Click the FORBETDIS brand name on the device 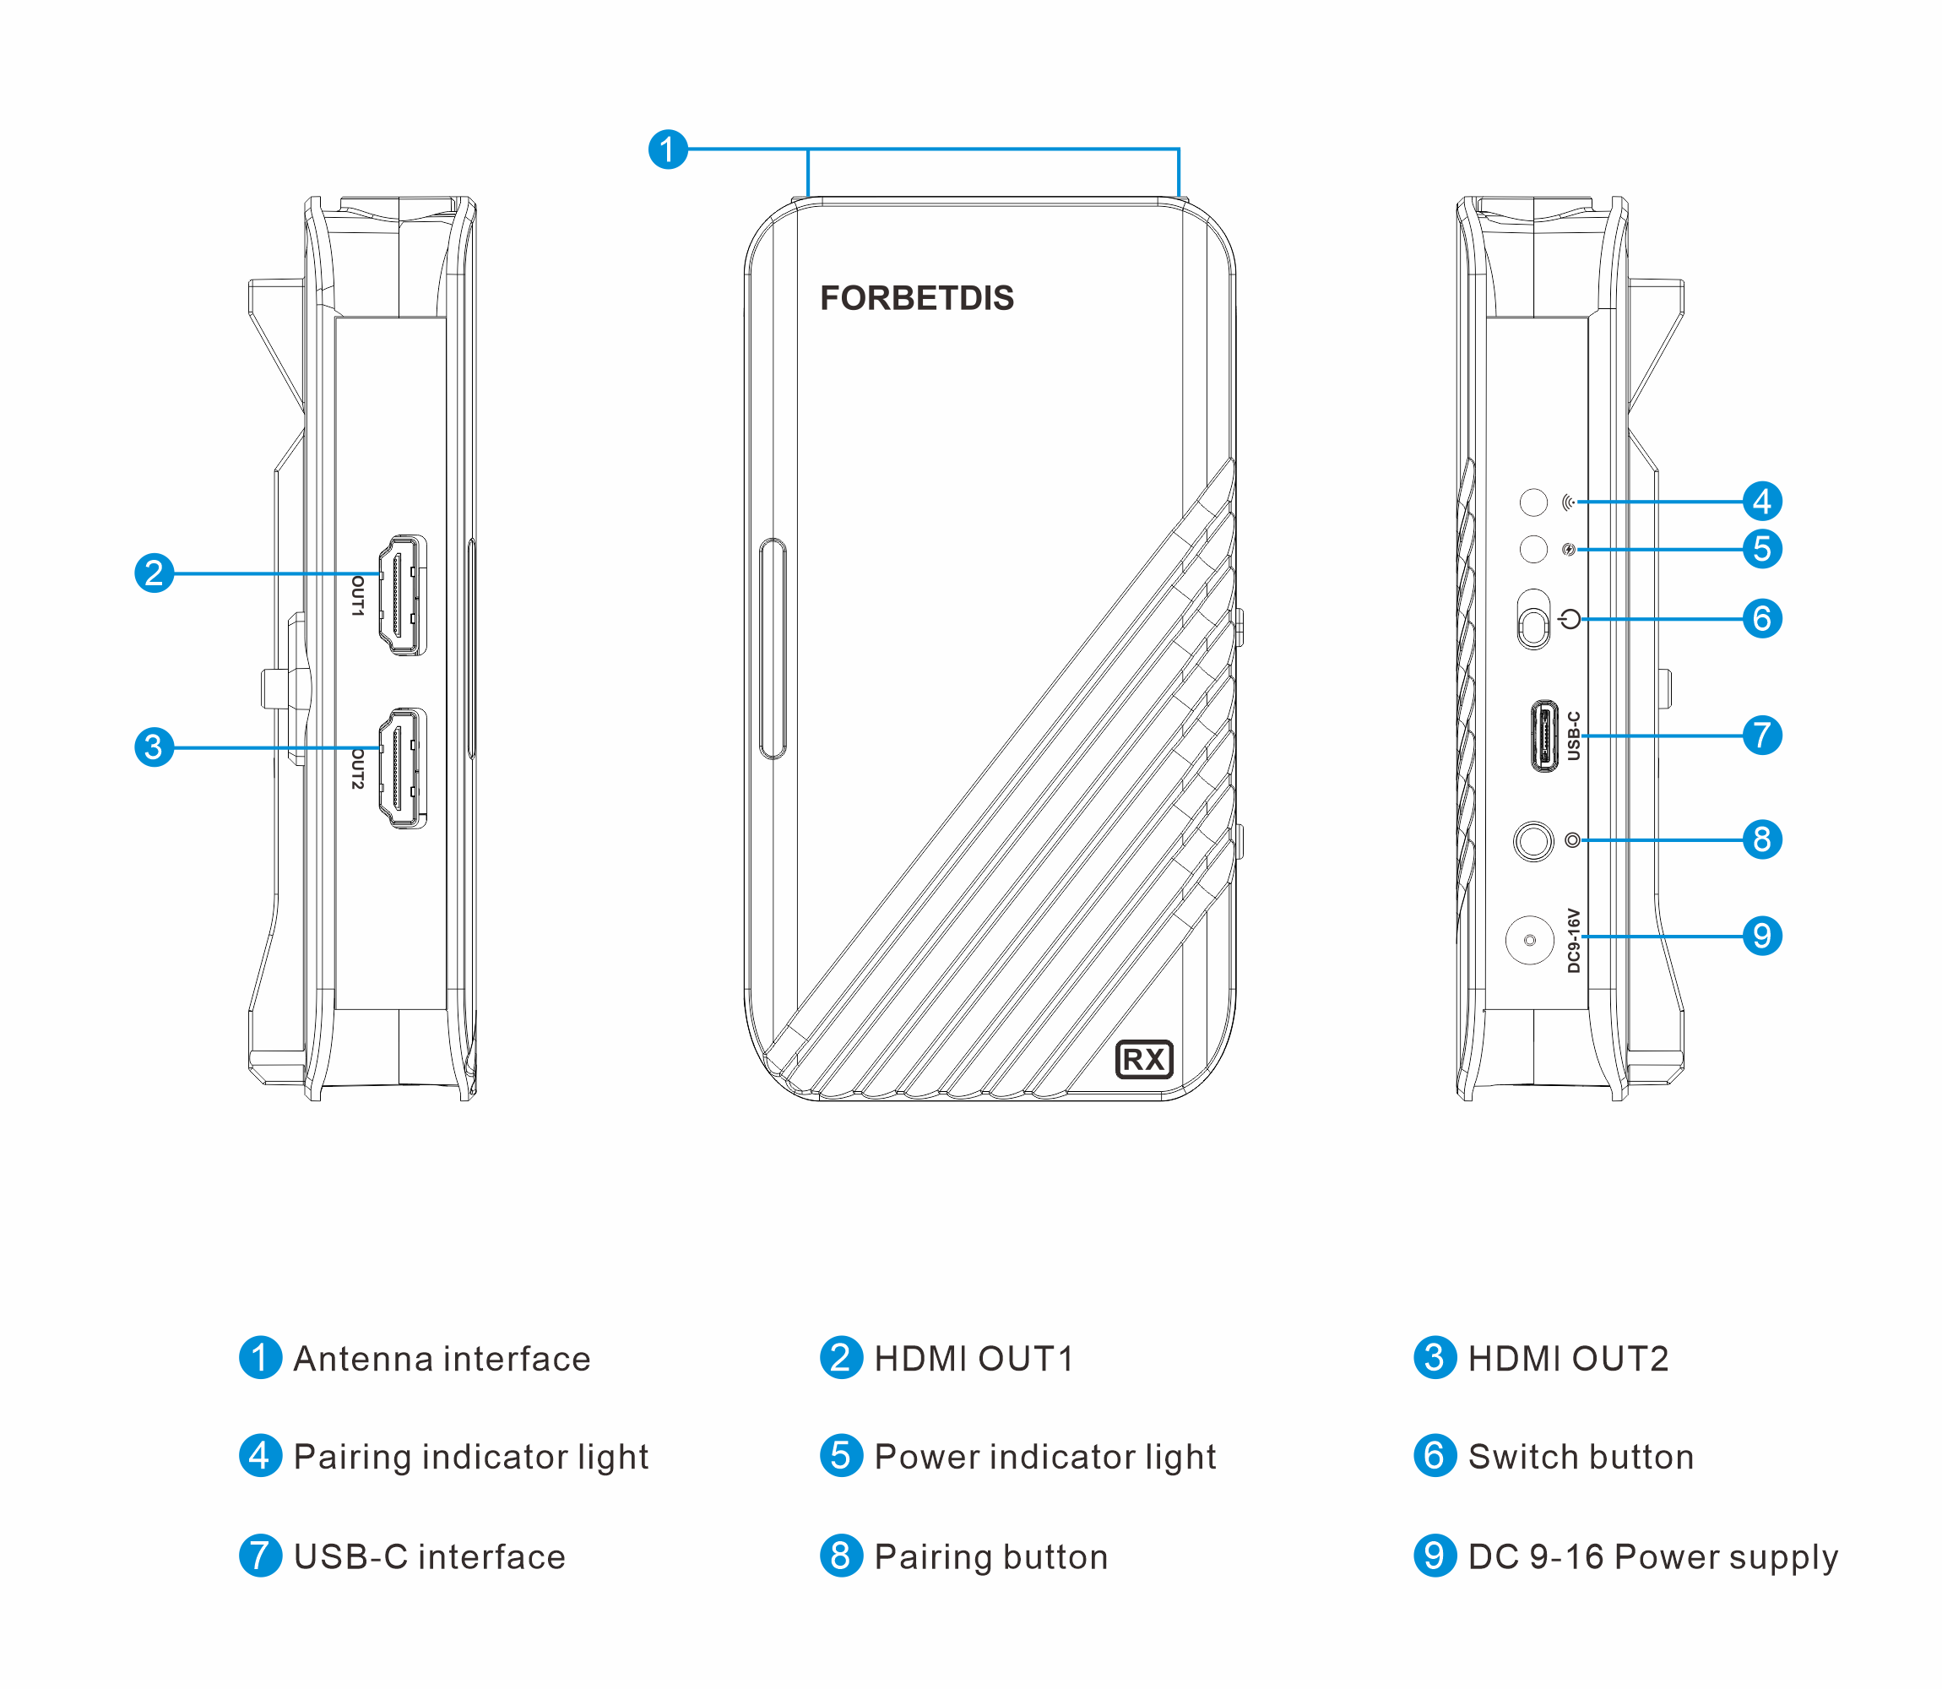(x=916, y=298)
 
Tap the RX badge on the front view (x=1144, y=1059)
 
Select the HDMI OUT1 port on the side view (x=403, y=595)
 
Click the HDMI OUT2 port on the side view (x=403, y=768)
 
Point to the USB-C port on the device (x=1543, y=736)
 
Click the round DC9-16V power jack (x=1529, y=940)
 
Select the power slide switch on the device (x=1534, y=620)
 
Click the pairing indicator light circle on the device (x=1533, y=502)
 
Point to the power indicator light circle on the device (x=1533, y=549)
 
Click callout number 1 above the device (x=668, y=149)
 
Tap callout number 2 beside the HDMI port (x=155, y=573)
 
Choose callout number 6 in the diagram (x=1762, y=619)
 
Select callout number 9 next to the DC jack (x=1762, y=936)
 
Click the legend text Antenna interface (x=442, y=1359)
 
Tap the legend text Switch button (x=1580, y=1457)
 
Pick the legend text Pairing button (x=990, y=1557)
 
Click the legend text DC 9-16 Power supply (x=1652, y=1557)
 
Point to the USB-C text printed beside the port (x=1573, y=736)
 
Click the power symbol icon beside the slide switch (x=1570, y=619)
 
